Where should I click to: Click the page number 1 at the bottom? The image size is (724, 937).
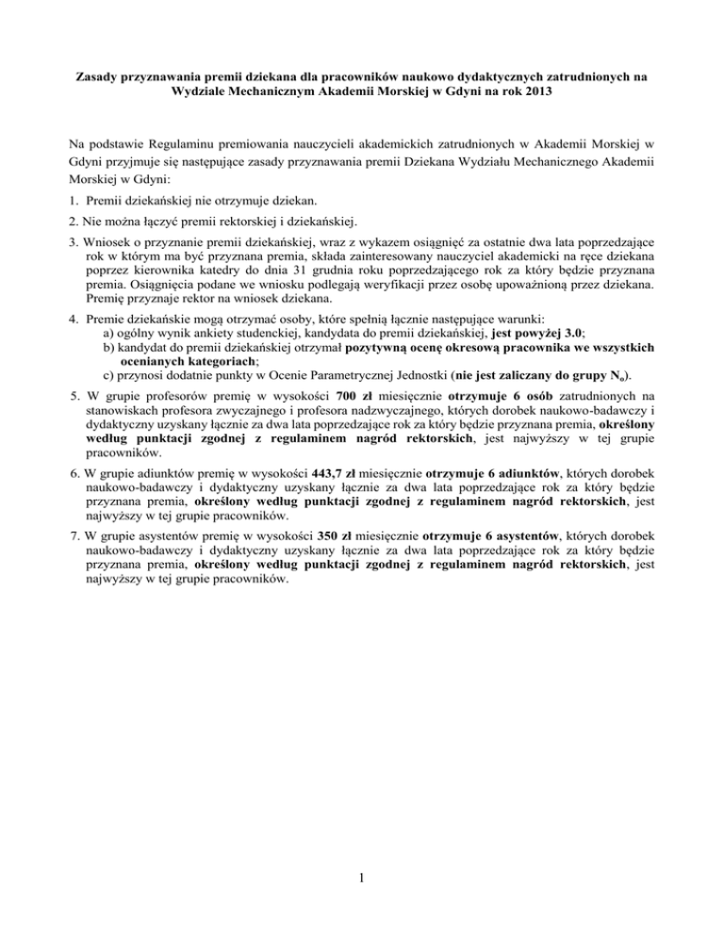[x=363, y=883]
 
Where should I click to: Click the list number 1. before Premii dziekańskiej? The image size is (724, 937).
[x=76, y=202]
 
